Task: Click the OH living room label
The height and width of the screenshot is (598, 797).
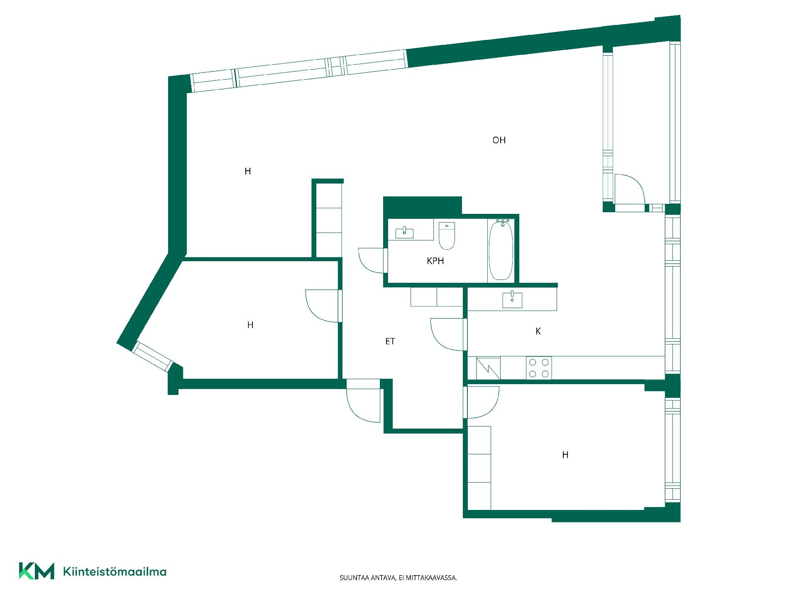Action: tap(499, 140)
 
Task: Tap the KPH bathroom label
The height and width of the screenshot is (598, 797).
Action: tap(435, 261)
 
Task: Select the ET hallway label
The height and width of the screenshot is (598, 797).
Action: tap(390, 341)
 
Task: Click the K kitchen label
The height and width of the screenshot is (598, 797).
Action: tap(538, 331)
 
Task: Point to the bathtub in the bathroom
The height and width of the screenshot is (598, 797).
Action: tap(501, 250)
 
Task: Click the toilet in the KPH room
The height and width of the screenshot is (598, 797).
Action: tap(447, 235)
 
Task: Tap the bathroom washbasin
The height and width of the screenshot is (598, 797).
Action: tap(404, 233)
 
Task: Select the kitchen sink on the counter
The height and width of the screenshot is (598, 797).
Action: tap(512, 299)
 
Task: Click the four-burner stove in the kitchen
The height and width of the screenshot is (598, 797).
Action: tap(539, 368)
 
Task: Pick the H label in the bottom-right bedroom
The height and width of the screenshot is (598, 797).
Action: tap(565, 455)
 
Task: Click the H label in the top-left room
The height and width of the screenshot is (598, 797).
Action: tap(248, 171)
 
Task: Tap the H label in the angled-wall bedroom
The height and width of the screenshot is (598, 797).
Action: tap(250, 325)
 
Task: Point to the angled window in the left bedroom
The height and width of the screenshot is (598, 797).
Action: tap(152, 356)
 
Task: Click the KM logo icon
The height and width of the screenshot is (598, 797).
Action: tap(37, 571)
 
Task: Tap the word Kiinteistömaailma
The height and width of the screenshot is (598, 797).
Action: tap(115, 571)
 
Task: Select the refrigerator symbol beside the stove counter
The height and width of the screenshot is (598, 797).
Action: tap(488, 368)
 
